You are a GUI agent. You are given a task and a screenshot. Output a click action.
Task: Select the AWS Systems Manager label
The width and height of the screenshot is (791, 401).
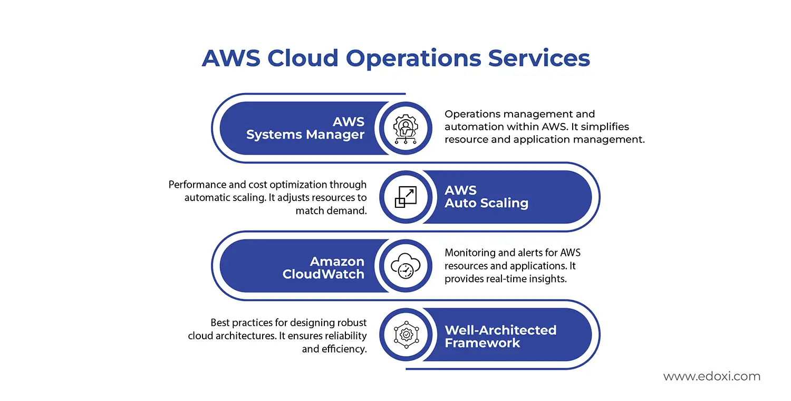[305, 128]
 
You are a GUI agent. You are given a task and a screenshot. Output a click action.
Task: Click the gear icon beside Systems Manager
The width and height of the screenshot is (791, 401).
[406, 128]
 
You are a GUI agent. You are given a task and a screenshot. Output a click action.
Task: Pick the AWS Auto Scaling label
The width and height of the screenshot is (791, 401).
[486, 197]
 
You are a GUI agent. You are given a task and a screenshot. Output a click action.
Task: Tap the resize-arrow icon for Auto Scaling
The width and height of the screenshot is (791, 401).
[406, 197]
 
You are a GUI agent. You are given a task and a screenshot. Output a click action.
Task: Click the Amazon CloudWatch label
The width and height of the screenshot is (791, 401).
[323, 268]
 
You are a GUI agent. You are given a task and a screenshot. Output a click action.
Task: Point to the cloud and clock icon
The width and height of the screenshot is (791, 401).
[406, 266]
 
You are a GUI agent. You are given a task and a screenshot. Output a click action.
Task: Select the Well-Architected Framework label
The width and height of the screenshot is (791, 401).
[500, 336]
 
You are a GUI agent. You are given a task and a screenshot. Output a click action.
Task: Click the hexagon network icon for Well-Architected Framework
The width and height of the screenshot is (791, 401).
[406, 335]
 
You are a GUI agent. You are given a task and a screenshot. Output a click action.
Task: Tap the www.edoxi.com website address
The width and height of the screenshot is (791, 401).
[711, 377]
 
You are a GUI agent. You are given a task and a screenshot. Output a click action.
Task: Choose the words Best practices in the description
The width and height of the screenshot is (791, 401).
[248, 322]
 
